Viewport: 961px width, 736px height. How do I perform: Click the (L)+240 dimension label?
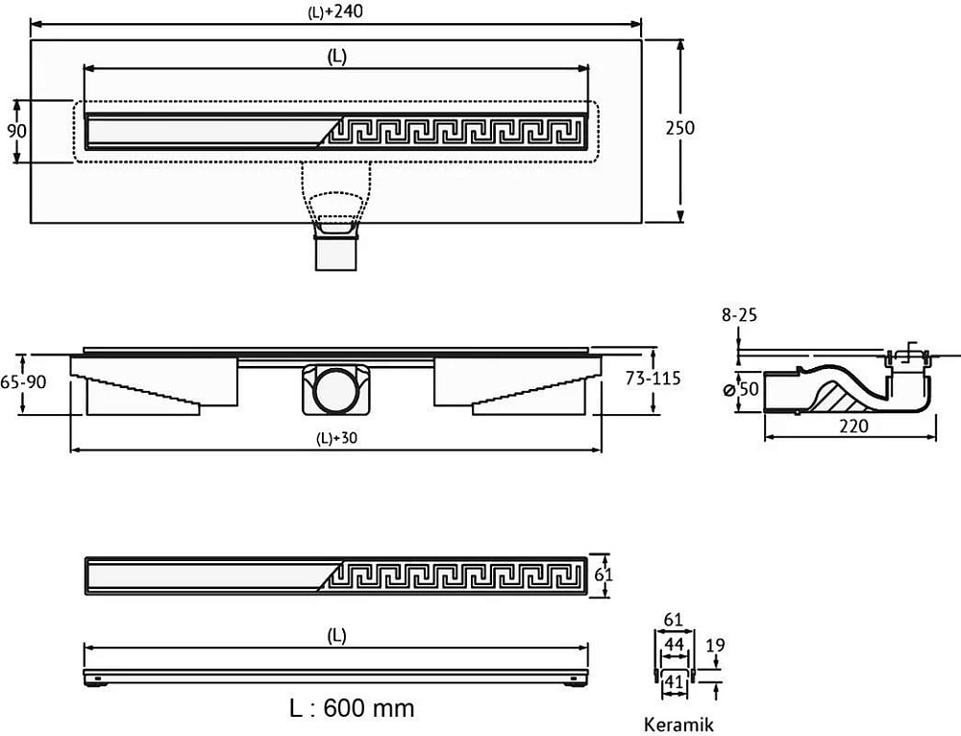click(x=335, y=11)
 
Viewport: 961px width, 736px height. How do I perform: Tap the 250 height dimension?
click(x=679, y=128)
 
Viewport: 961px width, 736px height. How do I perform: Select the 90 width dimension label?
click(x=16, y=131)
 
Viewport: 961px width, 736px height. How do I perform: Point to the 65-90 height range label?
click(x=23, y=381)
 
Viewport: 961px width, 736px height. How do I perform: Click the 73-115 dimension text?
click(x=653, y=379)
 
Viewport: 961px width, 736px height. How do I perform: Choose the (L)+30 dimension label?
click(x=336, y=437)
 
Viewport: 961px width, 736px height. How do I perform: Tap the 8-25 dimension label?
click(x=739, y=315)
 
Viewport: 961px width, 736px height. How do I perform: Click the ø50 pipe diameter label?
click(x=742, y=389)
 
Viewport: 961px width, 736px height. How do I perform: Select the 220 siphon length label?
click(x=853, y=426)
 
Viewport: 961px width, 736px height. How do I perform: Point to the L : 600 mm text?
click(x=352, y=708)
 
